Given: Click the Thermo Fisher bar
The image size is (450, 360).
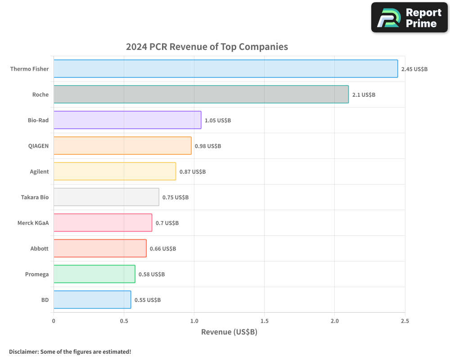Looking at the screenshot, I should pyautogui.click(x=225, y=69).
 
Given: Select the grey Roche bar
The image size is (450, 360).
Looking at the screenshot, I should pyautogui.click(x=201, y=94).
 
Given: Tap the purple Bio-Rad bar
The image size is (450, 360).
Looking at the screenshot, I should pyautogui.click(x=127, y=120).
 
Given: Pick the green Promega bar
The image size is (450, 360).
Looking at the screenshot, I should pyautogui.click(x=94, y=274).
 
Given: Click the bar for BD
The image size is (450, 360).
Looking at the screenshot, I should pyautogui.click(x=92, y=300).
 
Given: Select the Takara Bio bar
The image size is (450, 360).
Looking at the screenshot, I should pyautogui.click(x=106, y=197).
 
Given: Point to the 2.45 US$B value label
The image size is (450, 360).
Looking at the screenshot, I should pyautogui.click(x=414, y=69).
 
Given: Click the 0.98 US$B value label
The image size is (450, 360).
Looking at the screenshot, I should pyautogui.click(x=208, y=146).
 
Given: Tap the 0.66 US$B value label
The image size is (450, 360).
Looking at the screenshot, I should pyautogui.click(x=163, y=249).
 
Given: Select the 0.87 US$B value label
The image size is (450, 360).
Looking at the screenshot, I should pyautogui.click(x=193, y=172).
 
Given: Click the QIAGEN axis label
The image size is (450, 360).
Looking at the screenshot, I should pyautogui.click(x=38, y=146).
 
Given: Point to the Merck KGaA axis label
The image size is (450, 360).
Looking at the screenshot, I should pyautogui.click(x=33, y=223).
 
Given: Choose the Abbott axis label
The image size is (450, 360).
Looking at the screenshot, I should pyautogui.click(x=39, y=248).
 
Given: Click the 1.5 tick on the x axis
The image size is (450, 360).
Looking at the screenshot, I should pyautogui.click(x=264, y=321).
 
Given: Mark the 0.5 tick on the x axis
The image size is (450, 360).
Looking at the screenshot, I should pyautogui.click(x=124, y=321).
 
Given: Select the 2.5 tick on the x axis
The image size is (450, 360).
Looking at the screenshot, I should pyautogui.click(x=405, y=321).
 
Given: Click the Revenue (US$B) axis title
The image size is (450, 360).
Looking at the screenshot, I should pyautogui.click(x=229, y=332).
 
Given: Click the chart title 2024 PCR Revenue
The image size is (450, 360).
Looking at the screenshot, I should pyautogui.click(x=207, y=47).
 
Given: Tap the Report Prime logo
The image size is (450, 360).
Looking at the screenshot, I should pyautogui.click(x=409, y=18).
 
